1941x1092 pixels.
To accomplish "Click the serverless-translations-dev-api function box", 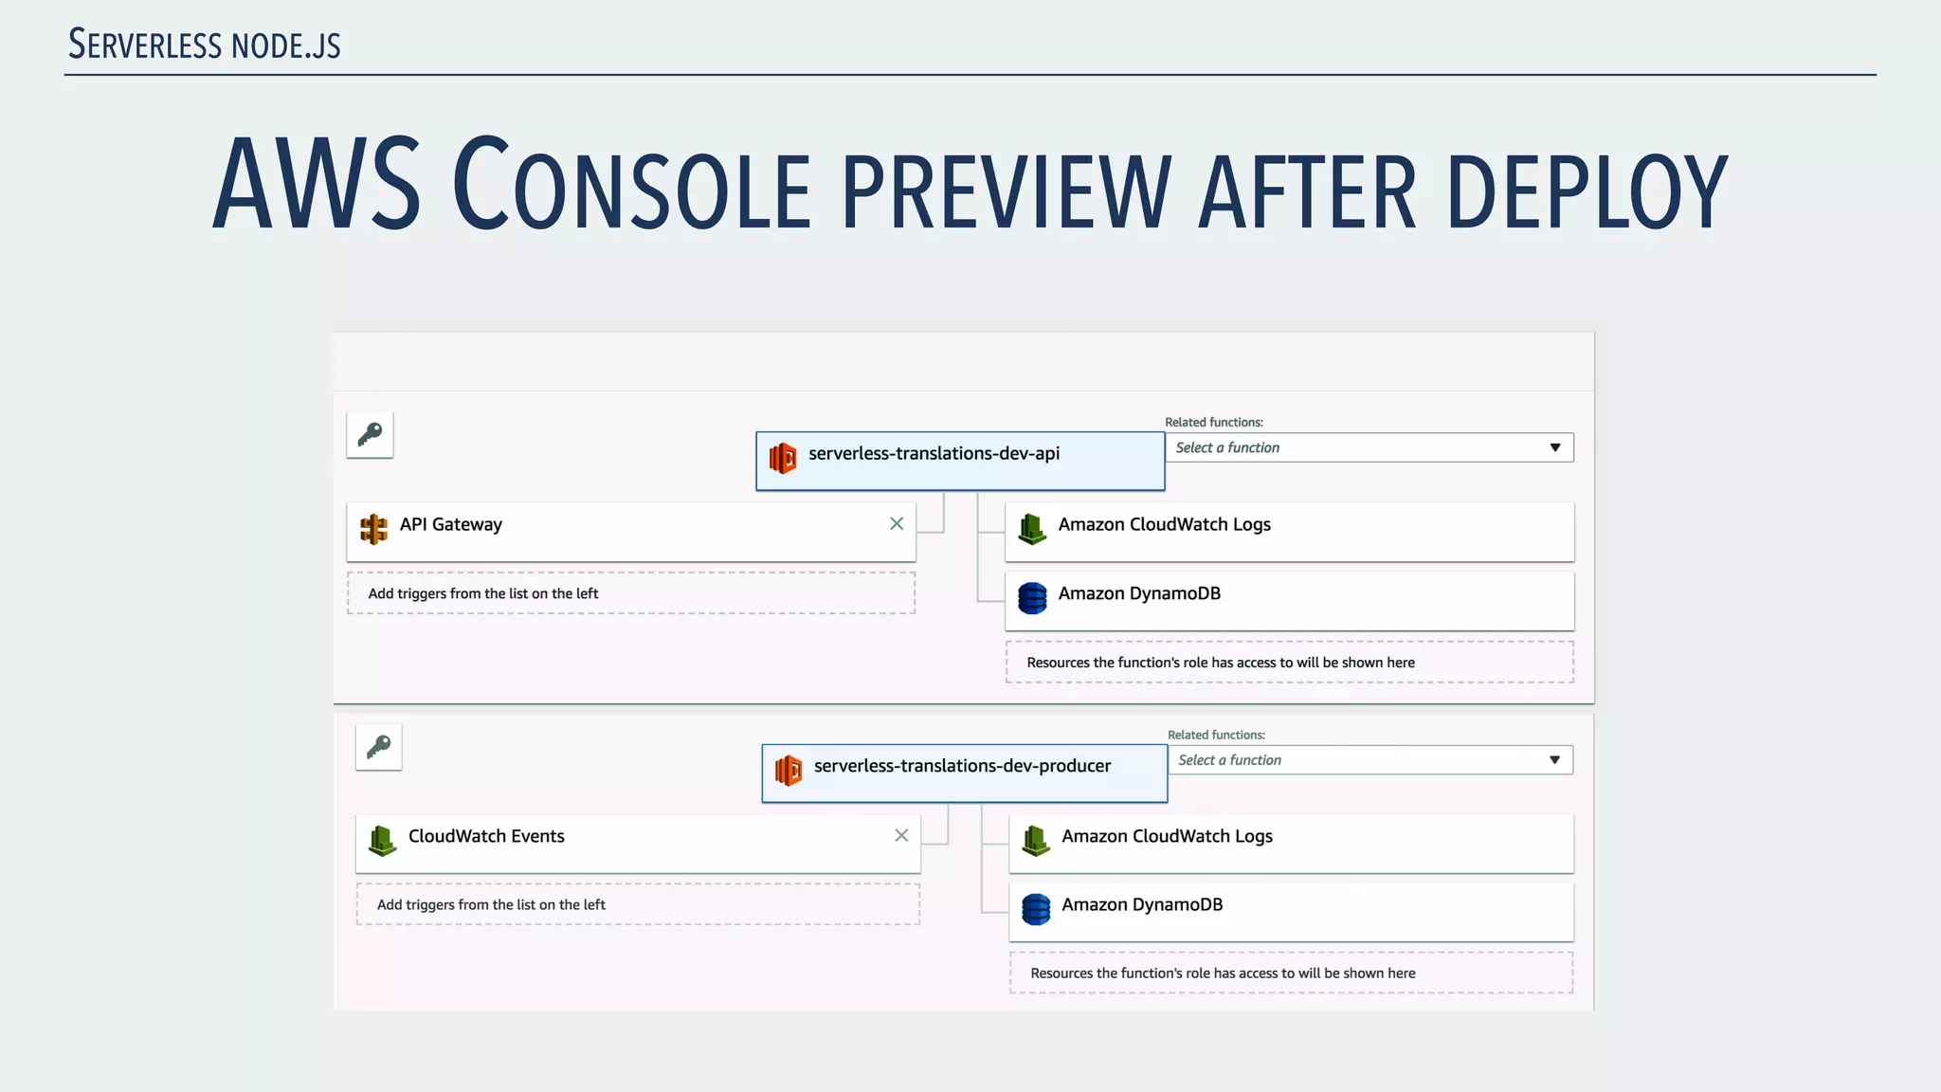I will click(959, 462).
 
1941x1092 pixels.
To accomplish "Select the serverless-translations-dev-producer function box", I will click(964, 773).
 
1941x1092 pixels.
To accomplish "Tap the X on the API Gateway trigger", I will click(897, 524).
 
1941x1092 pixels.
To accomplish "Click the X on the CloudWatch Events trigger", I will click(901, 835).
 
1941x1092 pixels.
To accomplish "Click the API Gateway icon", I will click(373, 529).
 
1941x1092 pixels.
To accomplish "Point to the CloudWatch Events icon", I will click(382, 840).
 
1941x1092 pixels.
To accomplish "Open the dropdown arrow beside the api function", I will click(1554, 447).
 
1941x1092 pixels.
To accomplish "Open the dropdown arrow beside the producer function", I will click(1554, 760).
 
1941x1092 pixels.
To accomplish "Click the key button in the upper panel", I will click(370, 435).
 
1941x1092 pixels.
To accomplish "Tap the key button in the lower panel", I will click(378, 747).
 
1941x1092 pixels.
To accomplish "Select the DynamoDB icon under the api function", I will click(1032, 598).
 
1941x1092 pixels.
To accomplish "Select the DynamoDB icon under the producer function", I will click(1036, 909).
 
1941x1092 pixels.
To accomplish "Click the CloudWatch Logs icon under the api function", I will click(1032, 529).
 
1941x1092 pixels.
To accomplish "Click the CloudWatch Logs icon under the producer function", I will click(1036, 840).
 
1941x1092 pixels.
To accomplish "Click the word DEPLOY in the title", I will click(1587, 192).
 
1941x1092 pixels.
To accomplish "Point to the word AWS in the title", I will click(317, 185).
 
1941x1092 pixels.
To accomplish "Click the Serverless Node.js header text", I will click(205, 45).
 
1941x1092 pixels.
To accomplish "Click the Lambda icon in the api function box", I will click(783, 459).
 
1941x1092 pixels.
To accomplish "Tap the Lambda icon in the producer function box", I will click(789, 771).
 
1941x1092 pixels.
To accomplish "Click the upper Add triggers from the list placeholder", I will click(631, 593).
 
